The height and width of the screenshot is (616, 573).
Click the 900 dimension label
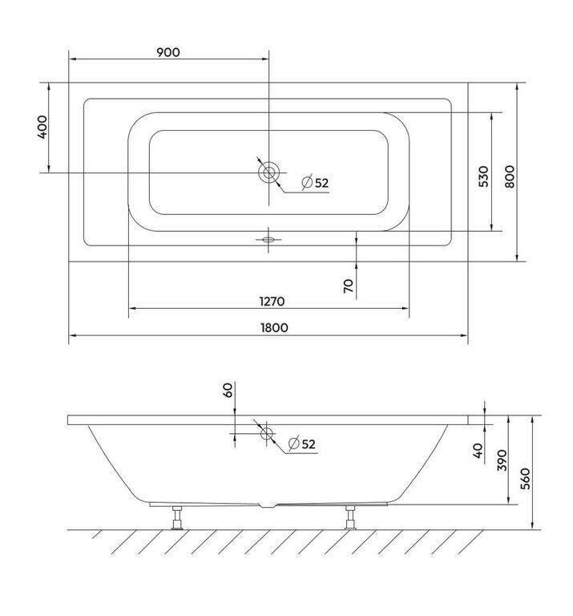click(x=168, y=52)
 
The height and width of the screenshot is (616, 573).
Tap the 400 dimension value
click(x=42, y=127)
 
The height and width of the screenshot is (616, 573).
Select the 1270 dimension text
click(x=272, y=302)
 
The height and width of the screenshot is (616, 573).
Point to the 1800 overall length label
click(x=274, y=327)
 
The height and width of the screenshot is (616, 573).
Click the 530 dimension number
click(x=484, y=176)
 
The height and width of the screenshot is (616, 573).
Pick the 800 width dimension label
click(x=509, y=176)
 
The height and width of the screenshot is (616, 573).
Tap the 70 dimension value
click(x=349, y=286)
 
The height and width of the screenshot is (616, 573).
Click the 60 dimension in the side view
click(x=228, y=390)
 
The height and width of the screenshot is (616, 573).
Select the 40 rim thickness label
click(x=478, y=451)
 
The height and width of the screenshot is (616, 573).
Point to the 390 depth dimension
click(x=502, y=460)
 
